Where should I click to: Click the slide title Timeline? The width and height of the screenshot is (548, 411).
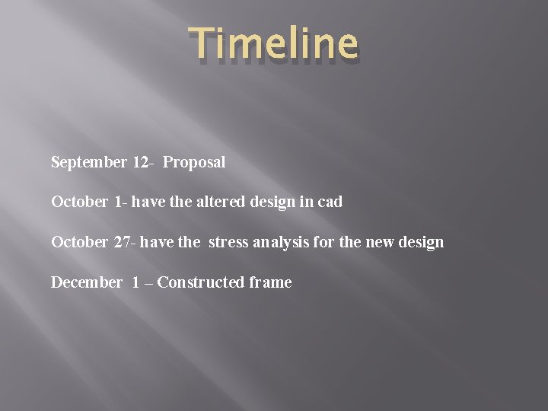pyautogui.click(x=272, y=44)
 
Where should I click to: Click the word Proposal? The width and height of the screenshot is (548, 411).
pyautogui.click(x=194, y=162)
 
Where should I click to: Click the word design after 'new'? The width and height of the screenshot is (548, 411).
pyautogui.click(x=420, y=243)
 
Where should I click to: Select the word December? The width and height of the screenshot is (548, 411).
pyautogui.click(x=86, y=283)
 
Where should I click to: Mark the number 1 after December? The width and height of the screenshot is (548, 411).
pyautogui.click(x=135, y=283)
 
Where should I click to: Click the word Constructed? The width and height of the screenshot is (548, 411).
pyautogui.click(x=201, y=283)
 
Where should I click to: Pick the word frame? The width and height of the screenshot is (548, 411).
pyautogui.click(x=270, y=283)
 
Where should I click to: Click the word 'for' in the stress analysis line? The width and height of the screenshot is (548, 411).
pyautogui.click(x=328, y=243)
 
